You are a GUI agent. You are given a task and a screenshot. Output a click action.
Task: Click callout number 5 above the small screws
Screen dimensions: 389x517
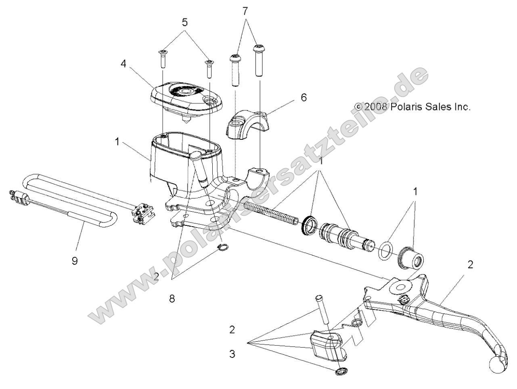coord(185,23)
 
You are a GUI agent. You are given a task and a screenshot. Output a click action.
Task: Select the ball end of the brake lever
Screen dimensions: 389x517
coord(497,364)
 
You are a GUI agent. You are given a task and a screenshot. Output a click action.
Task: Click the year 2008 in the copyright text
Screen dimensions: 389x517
coord(376,107)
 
